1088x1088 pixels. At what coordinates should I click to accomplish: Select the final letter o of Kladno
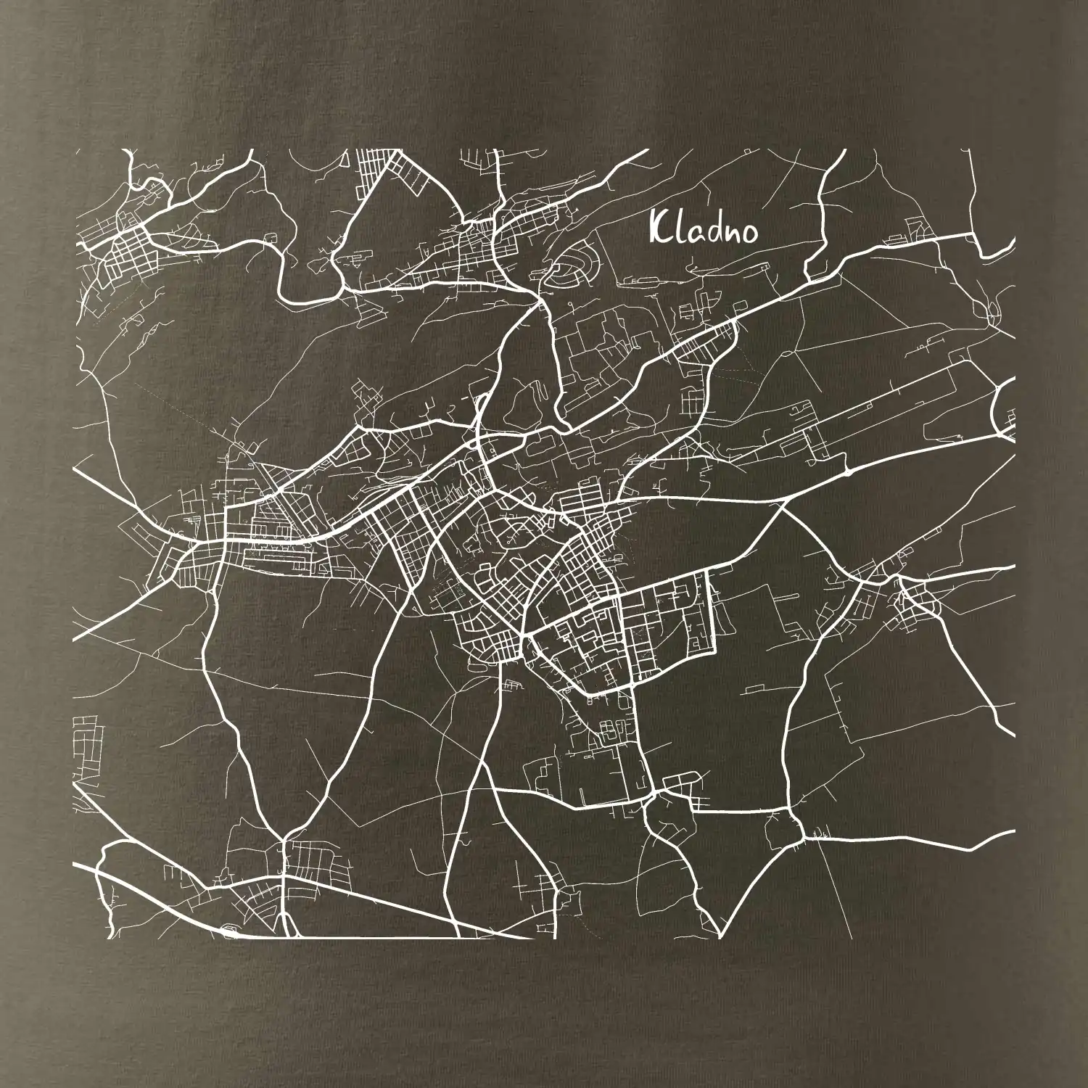pyautogui.click(x=749, y=233)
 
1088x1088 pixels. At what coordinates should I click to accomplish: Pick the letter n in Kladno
pyautogui.click(x=731, y=233)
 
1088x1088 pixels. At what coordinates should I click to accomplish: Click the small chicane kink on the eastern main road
pyautogui.click(x=846, y=471)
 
